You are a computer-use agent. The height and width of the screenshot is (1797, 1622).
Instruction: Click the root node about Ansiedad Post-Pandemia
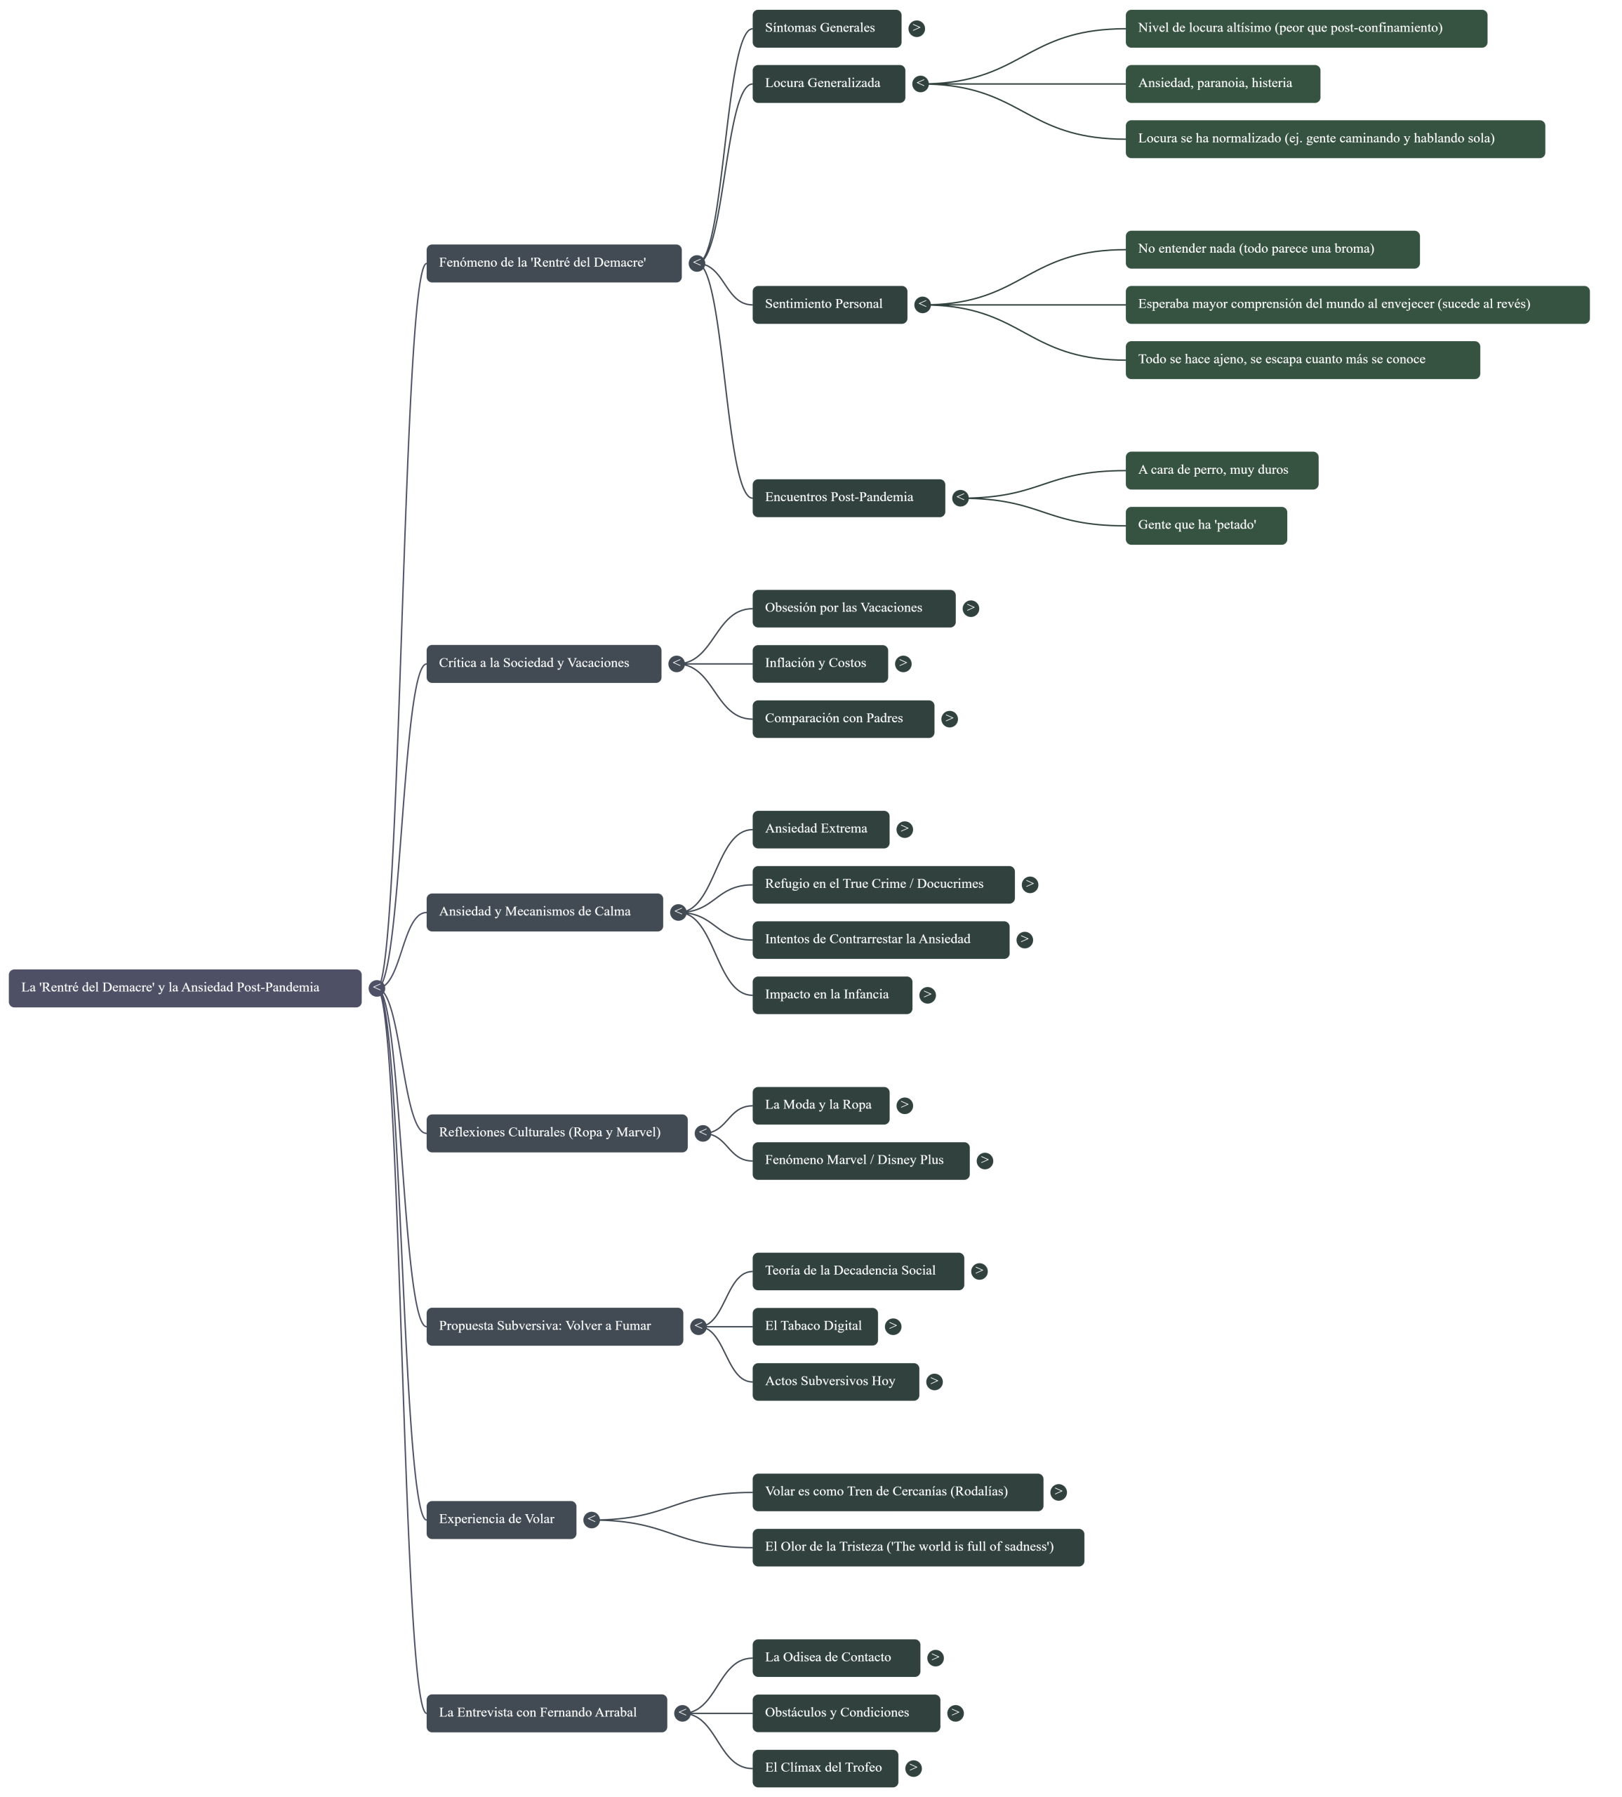185,988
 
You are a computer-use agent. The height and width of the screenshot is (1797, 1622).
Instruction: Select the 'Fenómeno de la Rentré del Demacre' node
554,263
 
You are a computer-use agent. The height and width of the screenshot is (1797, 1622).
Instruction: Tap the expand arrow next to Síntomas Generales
916,29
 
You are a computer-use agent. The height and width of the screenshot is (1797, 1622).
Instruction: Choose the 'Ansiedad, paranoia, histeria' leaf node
1222,84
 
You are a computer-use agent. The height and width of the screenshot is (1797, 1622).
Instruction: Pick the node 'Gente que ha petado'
1206,525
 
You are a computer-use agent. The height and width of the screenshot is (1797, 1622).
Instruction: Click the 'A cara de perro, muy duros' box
1221,470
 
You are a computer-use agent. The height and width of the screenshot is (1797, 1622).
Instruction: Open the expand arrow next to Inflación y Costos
903,663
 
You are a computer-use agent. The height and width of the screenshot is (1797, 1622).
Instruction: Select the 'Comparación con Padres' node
842,718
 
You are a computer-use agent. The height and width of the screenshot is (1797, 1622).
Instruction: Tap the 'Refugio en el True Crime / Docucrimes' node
882,884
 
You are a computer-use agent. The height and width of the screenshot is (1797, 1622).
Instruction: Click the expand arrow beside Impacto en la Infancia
928,995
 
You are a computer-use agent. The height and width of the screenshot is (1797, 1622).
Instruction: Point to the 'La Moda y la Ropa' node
820,1106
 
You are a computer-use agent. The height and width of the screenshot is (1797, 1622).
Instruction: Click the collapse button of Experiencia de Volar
591,1520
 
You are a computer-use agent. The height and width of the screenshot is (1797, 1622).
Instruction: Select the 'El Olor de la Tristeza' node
917,1547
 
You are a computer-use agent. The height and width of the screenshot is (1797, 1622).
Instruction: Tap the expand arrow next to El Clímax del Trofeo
912,1768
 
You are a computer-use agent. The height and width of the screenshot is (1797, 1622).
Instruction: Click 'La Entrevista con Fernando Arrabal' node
545,1713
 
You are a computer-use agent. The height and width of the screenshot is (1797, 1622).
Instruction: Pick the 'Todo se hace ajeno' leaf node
1302,360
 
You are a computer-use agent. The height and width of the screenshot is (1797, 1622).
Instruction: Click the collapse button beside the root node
377,988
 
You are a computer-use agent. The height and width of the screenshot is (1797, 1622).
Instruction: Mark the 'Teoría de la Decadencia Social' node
858,1271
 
